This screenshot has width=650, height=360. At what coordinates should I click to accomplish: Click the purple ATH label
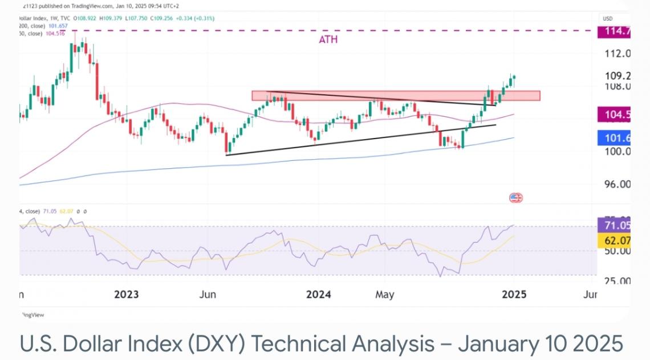[x=328, y=40]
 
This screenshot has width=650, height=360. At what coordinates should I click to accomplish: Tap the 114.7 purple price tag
[x=613, y=32]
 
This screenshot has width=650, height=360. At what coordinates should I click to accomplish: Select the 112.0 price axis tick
[x=617, y=54]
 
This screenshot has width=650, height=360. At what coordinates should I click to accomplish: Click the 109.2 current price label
[x=617, y=76]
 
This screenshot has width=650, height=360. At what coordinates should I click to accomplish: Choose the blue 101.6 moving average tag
[x=613, y=137]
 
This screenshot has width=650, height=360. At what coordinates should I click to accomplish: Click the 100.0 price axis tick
[x=617, y=152]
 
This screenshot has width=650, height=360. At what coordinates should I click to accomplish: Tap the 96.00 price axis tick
[x=617, y=185]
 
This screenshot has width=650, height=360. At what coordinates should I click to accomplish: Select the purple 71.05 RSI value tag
[x=614, y=225]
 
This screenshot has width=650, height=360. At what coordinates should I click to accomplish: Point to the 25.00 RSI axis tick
[x=617, y=281]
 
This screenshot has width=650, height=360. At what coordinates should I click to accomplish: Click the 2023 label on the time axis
[x=127, y=295]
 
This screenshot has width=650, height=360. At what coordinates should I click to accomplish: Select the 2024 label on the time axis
[x=319, y=295]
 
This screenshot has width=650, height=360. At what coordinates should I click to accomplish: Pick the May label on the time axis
[x=384, y=295]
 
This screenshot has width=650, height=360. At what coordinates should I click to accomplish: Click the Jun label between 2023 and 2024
[x=208, y=295]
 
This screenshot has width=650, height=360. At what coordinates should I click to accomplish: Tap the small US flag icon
[x=515, y=198]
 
